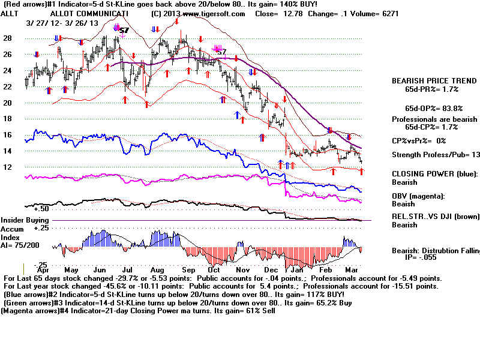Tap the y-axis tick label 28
8,38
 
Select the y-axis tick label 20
8,103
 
